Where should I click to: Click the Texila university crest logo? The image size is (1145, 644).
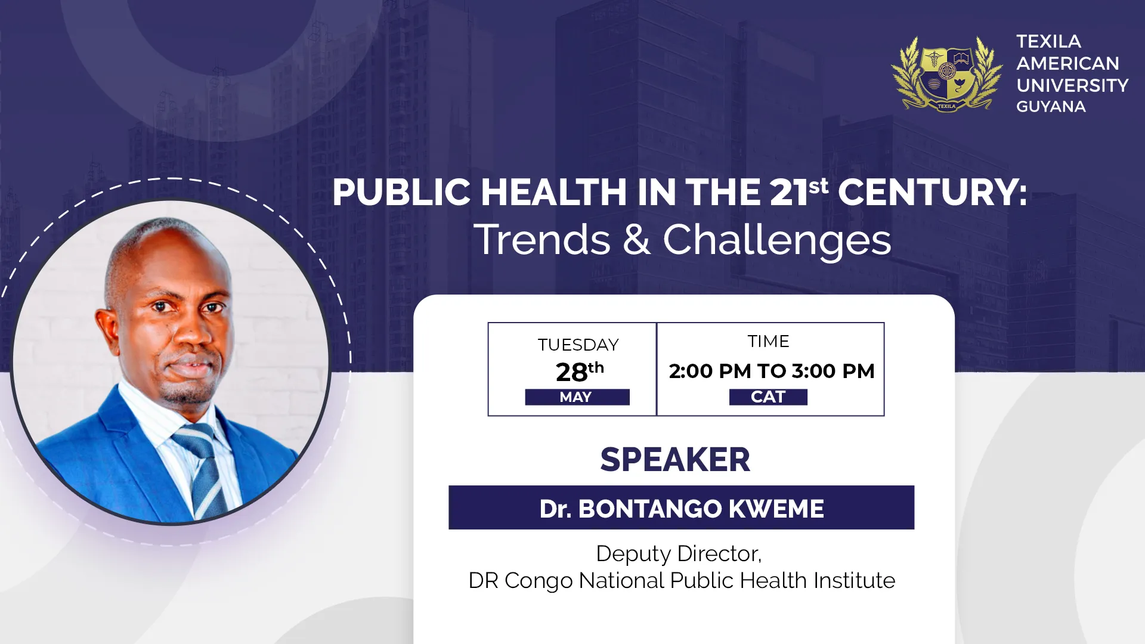point(947,73)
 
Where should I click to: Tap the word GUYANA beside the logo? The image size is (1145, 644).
point(1051,107)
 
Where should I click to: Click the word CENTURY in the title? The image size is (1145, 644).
point(932,193)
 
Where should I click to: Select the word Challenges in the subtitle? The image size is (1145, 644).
point(776,240)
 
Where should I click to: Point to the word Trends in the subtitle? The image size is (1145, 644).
point(542,240)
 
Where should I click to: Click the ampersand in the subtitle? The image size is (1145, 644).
point(636,240)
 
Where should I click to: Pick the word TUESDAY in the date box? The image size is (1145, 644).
point(578,345)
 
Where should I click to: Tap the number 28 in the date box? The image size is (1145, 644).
point(571,373)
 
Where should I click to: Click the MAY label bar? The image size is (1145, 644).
point(577,397)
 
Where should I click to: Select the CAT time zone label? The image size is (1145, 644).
point(768,397)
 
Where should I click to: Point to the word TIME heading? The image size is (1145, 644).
point(768,341)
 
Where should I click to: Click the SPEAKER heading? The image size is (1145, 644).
point(675,460)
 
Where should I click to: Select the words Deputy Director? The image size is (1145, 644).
point(679,553)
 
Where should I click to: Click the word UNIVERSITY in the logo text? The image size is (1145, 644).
point(1072,85)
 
